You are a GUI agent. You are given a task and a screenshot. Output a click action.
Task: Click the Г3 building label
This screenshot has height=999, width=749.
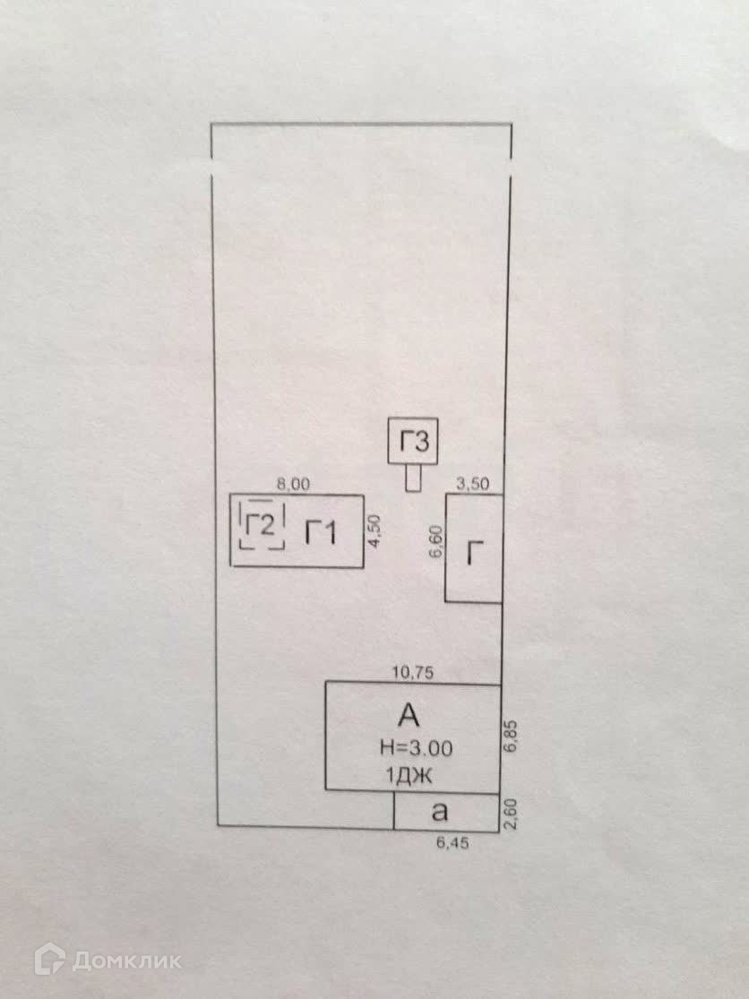pos(414,442)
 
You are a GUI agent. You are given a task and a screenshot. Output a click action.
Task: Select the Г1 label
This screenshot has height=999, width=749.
pos(320,533)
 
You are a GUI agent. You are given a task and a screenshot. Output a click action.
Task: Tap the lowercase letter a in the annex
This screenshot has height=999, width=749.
pos(439,812)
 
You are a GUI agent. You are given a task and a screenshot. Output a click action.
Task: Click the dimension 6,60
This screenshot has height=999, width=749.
pos(435,544)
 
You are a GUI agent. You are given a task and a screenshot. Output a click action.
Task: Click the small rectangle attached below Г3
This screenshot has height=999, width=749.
pos(413,478)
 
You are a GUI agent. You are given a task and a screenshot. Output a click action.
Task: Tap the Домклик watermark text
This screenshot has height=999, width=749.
pos(126,961)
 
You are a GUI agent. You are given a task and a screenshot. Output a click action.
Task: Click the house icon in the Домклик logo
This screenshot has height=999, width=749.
pos(49,960)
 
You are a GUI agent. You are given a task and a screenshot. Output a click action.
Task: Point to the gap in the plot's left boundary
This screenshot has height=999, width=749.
pos(211,169)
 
